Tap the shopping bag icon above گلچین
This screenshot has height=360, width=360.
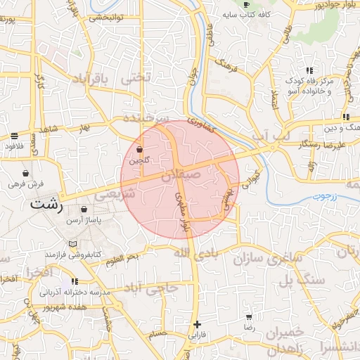pyautogui.click(x=139, y=150)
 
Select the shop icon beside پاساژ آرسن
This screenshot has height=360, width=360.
pyautogui.click(x=84, y=209)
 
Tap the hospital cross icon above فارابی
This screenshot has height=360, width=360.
pyautogui.click(x=197, y=324)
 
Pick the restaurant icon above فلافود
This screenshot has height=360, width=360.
pyautogui.click(x=15, y=136)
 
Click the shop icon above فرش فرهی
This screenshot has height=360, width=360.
pyautogui.click(x=26, y=172)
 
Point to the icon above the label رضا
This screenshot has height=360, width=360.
pyautogui.click(x=249, y=316)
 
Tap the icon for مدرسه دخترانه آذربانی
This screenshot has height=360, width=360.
pyautogui.click(x=75, y=281)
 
